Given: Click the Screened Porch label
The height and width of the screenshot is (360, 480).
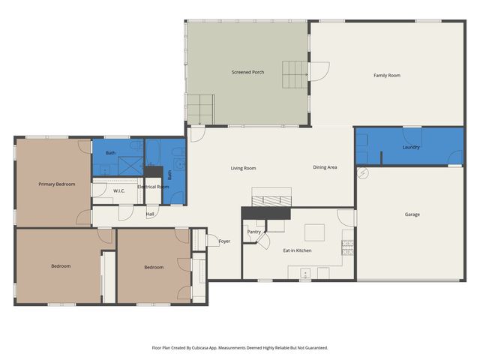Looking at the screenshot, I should (x=247, y=72).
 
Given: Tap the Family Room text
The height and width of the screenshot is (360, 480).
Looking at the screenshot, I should (x=387, y=75).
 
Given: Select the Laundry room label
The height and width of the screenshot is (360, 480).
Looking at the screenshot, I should (x=410, y=147).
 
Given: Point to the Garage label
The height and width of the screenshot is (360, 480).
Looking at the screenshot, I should (x=412, y=214).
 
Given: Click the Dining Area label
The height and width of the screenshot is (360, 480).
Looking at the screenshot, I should (x=325, y=167).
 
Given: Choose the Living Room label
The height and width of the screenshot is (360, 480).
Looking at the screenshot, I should (x=244, y=168).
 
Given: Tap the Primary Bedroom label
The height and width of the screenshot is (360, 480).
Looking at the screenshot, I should (x=57, y=184).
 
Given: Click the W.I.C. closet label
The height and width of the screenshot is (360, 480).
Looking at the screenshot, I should (x=118, y=191).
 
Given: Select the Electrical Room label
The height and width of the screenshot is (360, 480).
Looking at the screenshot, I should (x=152, y=187).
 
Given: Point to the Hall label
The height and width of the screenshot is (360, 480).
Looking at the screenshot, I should (x=150, y=214).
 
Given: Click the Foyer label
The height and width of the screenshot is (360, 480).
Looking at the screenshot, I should (x=224, y=241).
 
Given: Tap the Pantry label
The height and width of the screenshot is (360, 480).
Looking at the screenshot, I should (x=253, y=232).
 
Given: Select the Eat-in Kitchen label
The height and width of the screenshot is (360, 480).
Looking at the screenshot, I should (x=297, y=250).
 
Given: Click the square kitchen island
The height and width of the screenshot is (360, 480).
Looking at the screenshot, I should (x=315, y=231).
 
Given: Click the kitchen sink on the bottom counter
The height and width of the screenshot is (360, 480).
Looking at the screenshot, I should (x=304, y=272).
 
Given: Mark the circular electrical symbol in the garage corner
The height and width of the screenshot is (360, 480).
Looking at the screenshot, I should (x=364, y=172).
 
